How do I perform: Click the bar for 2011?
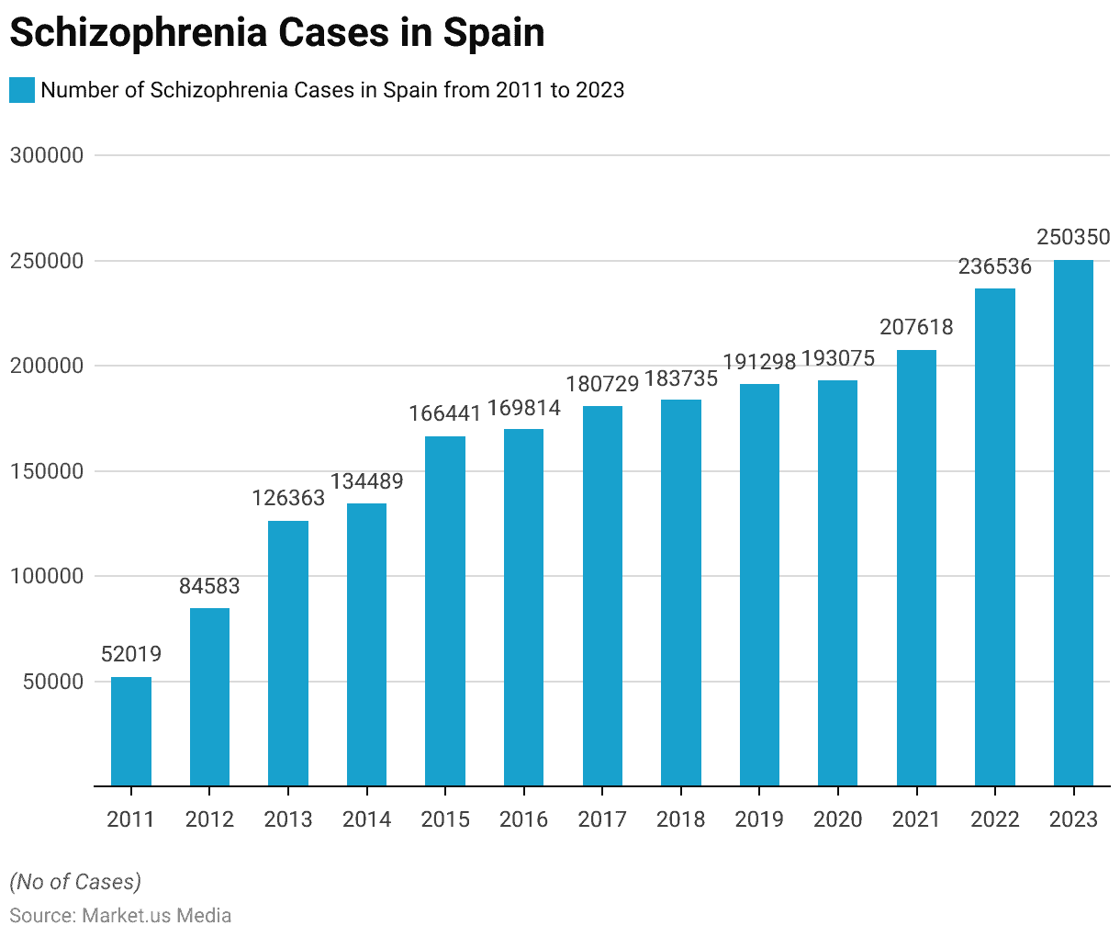pos(131,731)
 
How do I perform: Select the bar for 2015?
pos(445,611)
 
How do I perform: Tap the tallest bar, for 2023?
pos(1073,523)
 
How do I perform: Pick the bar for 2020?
pos(837,583)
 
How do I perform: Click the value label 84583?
pos(209,586)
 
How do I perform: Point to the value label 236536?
pos(995,267)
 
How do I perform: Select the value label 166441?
pos(445,413)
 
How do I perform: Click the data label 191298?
pos(759,362)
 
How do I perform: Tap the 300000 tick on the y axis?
pos(47,155)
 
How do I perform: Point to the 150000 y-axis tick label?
pos(47,471)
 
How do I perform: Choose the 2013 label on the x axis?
pos(288,819)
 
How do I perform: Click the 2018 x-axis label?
pos(681,819)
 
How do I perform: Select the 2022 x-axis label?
pos(995,819)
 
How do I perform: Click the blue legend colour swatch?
pos(22,90)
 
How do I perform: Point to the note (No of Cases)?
pos(75,882)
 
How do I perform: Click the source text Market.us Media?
pos(156,916)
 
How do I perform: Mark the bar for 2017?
pos(602,596)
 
